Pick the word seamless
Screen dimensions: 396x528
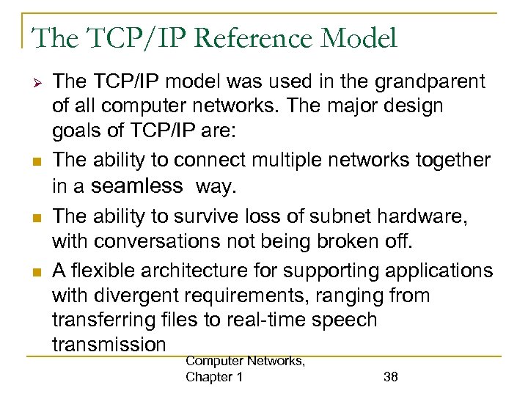point(136,186)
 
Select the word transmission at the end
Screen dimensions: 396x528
point(109,344)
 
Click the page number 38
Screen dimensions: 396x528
point(391,377)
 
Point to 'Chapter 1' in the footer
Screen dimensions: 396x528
point(215,377)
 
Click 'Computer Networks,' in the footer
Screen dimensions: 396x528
point(246,360)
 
